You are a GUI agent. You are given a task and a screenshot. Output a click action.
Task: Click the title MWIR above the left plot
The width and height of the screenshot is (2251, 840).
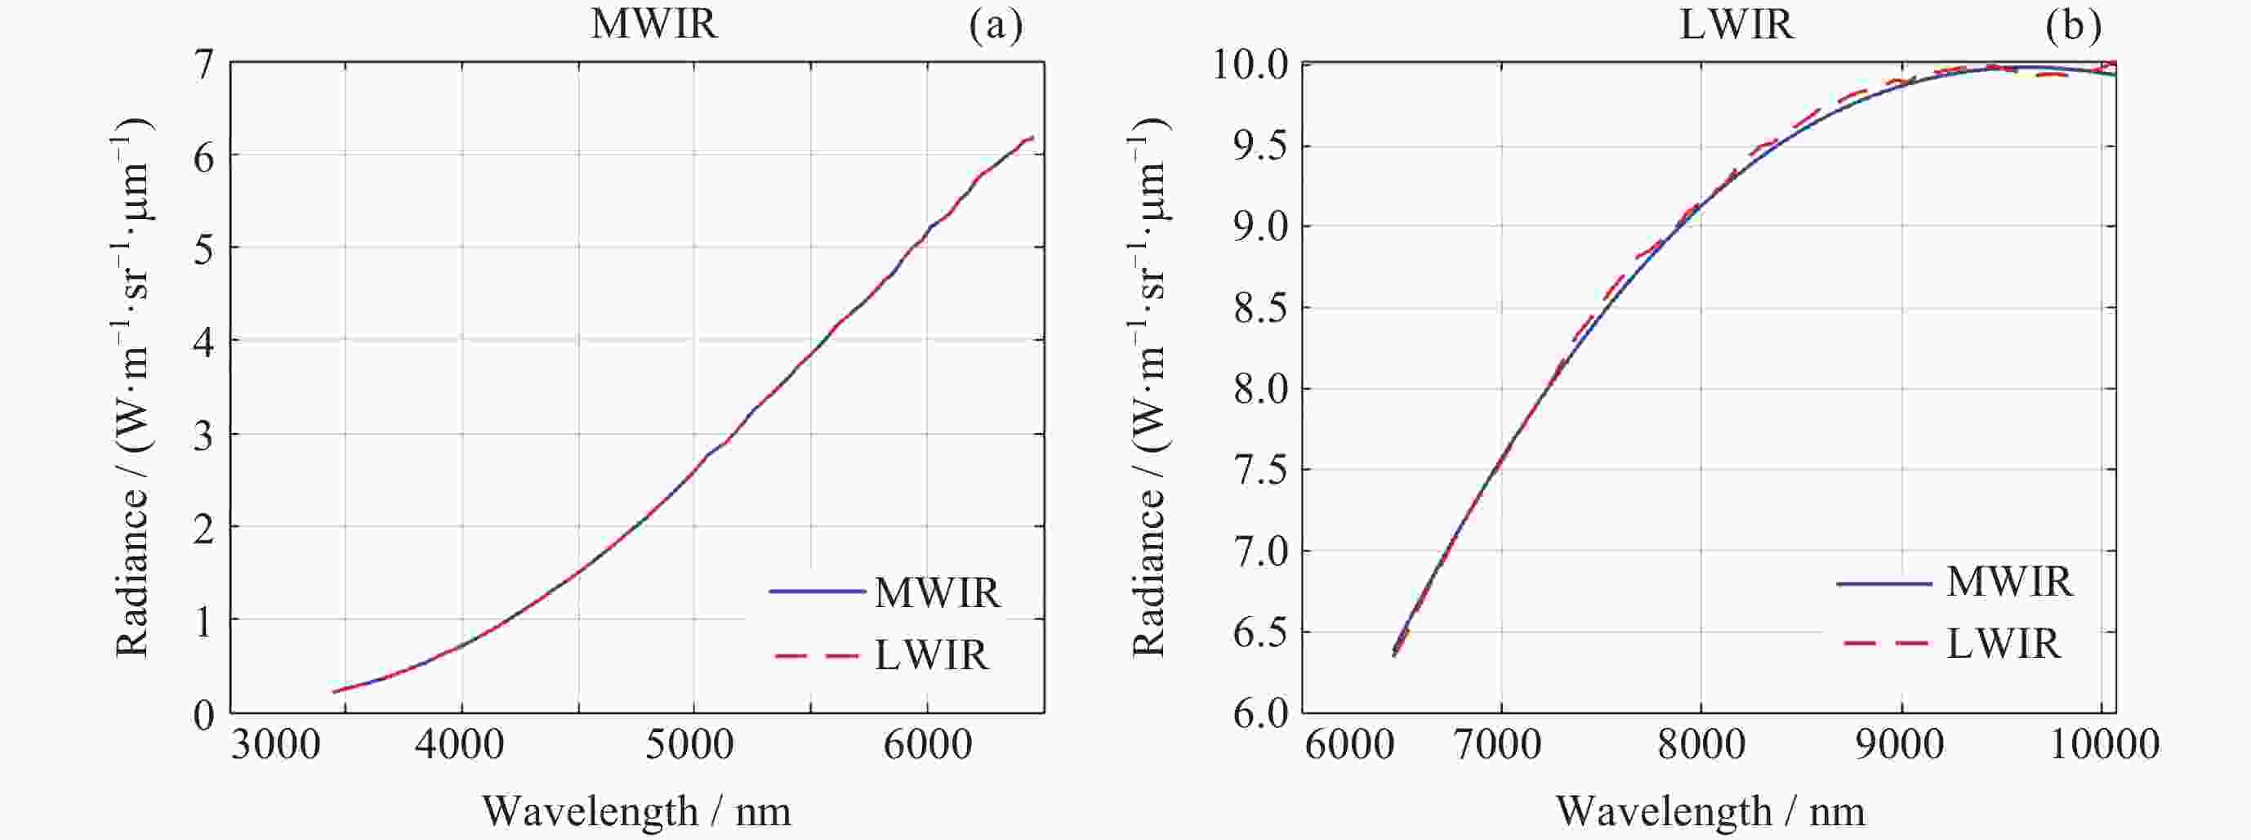pyautogui.click(x=653, y=25)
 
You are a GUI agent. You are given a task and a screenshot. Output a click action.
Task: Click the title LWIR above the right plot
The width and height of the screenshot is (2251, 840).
pyautogui.click(x=1736, y=25)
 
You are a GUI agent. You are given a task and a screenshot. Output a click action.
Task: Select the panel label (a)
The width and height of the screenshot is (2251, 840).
pyautogui.click(x=996, y=26)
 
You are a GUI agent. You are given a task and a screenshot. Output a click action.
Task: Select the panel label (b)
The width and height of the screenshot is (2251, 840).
pyautogui.click(x=2073, y=26)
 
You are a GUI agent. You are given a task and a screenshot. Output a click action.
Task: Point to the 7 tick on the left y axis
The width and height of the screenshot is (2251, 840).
pyautogui.click(x=203, y=65)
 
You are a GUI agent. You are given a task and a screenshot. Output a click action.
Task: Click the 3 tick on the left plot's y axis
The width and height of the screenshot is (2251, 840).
pyautogui.click(x=203, y=435)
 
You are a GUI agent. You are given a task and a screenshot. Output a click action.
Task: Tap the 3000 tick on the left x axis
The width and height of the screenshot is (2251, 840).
pyautogui.click(x=276, y=745)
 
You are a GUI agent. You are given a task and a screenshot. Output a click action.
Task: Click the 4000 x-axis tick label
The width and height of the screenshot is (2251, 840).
pyautogui.click(x=461, y=745)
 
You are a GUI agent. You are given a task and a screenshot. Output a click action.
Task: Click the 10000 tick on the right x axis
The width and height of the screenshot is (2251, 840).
pyautogui.click(x=2102, y=745)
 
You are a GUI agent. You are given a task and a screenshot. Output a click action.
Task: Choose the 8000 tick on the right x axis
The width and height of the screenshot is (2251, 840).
pyautogui.click(x=1701, y=745)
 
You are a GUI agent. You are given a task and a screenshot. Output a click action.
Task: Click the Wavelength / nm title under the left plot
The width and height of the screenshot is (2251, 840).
pyautogui.click(x=636, y=812)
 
